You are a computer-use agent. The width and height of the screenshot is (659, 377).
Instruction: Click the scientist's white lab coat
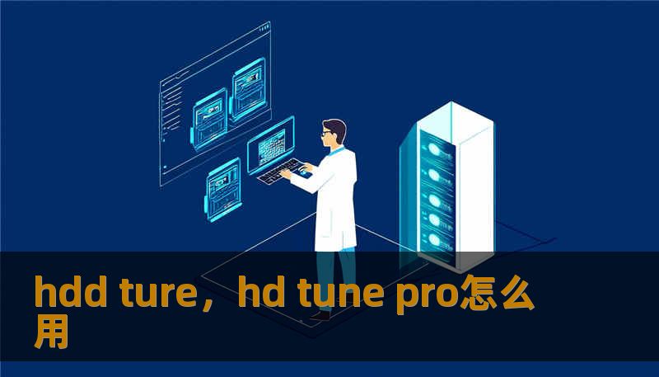[x=337, y=198]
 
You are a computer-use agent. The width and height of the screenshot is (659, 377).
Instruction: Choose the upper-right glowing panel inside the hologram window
[x=249, y=87]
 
